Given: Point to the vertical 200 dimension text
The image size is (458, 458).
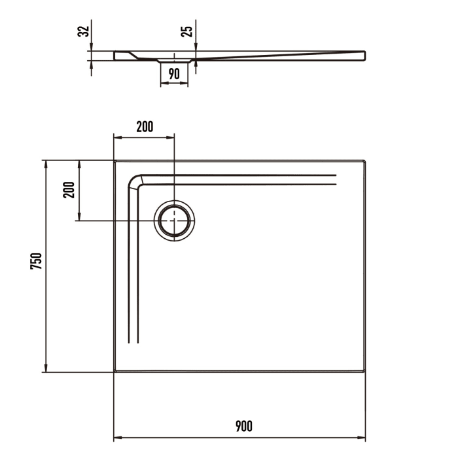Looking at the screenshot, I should tap(70, 190).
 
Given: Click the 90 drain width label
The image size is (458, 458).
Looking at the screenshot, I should tap(174, 74).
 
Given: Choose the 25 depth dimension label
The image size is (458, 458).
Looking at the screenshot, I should tap(187, 32).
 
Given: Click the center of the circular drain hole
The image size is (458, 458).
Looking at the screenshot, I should tap(174, 220).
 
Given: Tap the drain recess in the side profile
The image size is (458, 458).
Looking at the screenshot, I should tap(174, 60).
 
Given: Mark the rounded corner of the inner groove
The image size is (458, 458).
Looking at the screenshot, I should tap(135, 181).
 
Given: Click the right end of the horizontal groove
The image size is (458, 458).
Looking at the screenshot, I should tap(335, 180).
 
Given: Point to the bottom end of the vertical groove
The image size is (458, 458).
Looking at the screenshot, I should tap(133, 342).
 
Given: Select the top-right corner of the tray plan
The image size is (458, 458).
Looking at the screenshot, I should tap(365, 160).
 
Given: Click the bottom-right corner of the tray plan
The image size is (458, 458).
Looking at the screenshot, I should tap(365, 372).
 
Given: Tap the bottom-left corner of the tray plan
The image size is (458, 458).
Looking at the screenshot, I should tap(114, 372).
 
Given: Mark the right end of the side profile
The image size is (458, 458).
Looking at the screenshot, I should tap(364, 56).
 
